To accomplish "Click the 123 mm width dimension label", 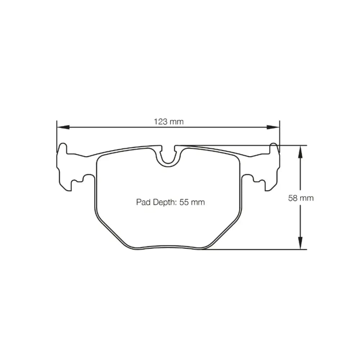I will tap(168, 122).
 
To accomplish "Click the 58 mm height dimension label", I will tap(301, 198).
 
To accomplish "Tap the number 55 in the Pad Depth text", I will tap(184, 202).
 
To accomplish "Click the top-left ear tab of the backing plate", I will tap(63, 148).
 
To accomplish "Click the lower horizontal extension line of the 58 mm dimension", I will tap(259, 249).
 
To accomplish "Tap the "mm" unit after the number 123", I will tap(176, 122).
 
